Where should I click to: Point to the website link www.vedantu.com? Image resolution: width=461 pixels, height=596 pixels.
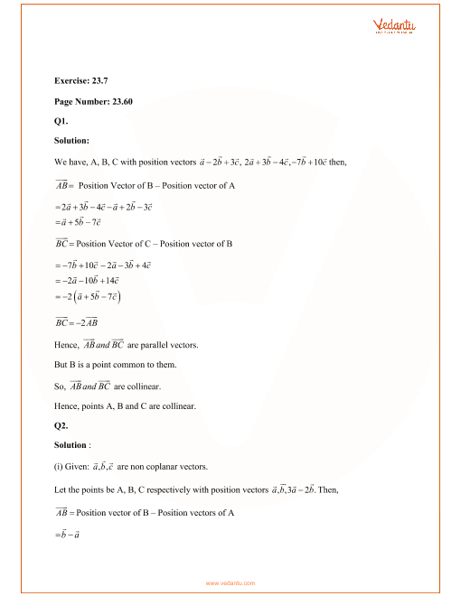[230, 583]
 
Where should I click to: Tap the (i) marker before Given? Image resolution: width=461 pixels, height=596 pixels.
[59, 467]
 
